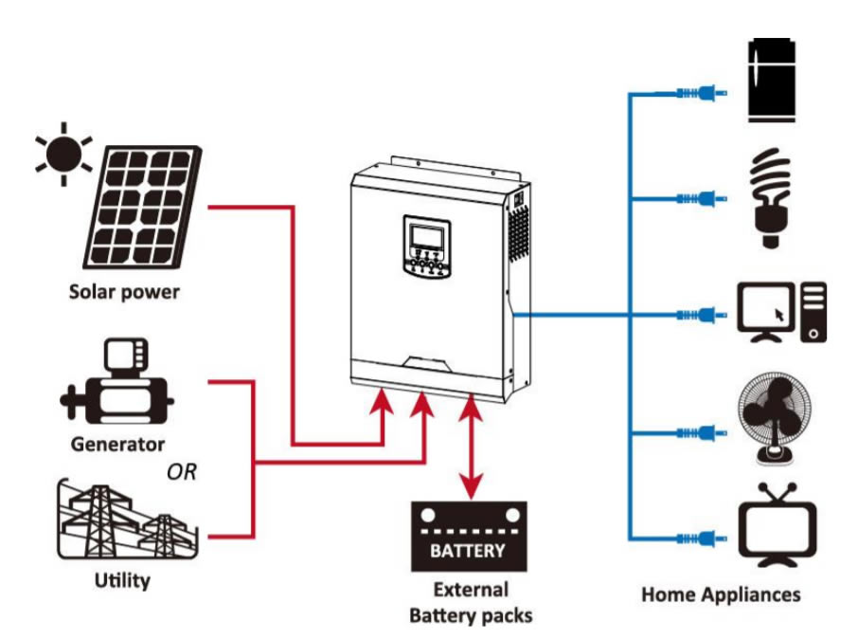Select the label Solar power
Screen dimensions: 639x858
coord(124,291)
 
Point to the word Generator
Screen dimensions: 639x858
coord(117,443)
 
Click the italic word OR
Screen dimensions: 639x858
coord(181,471)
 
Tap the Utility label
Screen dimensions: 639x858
coord(121,579)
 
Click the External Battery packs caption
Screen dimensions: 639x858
coord(471,602)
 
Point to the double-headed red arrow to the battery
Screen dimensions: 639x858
coord(471,446)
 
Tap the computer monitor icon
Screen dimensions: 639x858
coord(765,313)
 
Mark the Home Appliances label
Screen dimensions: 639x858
coord(721,594)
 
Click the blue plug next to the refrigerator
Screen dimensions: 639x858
coord(701,93)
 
